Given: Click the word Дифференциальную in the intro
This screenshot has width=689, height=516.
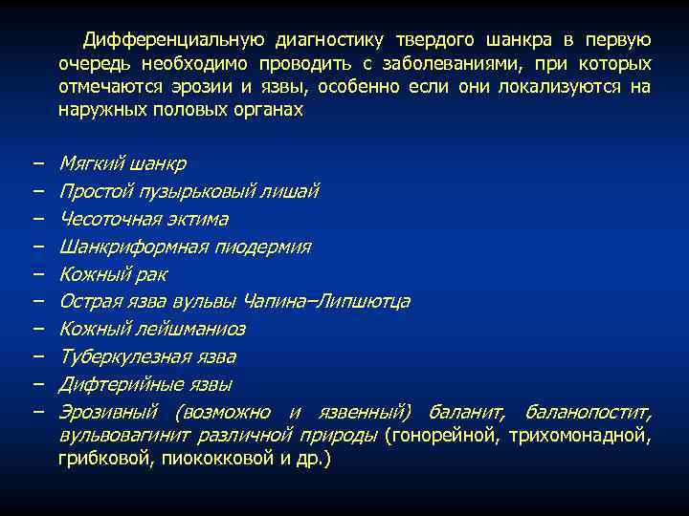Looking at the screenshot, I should point(174,40).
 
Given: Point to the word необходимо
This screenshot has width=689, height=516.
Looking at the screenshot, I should point(188,64).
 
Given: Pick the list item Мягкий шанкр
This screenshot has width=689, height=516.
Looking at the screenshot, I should point(122,163).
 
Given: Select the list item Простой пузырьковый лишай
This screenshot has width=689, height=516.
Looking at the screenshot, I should point(189,191).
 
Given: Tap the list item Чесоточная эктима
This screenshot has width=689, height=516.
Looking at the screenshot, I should point(144,219).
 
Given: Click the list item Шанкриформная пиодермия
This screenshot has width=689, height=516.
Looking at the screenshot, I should point(185,247).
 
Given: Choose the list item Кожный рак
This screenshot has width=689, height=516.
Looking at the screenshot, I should point(113,274).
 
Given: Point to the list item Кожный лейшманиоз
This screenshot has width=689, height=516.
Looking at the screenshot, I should point(152,329).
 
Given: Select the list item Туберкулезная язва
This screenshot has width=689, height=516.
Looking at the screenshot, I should point(147,356).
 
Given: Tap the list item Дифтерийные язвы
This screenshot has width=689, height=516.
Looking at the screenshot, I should point(145,384).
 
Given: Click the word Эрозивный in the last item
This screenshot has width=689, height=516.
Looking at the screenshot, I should point(109,412).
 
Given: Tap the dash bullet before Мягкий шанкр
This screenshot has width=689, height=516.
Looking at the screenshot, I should point(35,163).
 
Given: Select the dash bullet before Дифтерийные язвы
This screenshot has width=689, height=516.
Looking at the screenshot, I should point(35,384).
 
